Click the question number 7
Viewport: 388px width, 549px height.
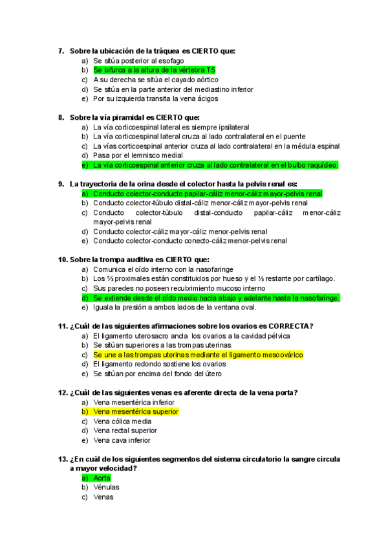[61, 50]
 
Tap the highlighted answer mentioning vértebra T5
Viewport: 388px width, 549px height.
[154, 69]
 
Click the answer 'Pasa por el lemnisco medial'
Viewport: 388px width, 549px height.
[138, 155]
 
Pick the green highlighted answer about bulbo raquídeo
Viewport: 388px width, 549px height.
[215, 165]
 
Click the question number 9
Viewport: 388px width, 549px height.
[61, 184]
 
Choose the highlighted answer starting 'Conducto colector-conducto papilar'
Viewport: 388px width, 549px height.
[207, 194]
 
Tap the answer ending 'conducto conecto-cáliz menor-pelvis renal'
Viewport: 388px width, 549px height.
[189, 241]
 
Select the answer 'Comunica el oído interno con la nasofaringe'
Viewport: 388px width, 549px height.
[163, 269]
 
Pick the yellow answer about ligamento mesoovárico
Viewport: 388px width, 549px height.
[198, 355]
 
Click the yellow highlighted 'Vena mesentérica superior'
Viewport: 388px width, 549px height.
[136, 411]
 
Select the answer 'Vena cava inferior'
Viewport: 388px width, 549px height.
[122, 440]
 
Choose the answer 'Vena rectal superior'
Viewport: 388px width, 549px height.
[125, 431]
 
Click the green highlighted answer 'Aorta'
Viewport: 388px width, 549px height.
[102, 478]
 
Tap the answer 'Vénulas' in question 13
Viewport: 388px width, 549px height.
[106, 487]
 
